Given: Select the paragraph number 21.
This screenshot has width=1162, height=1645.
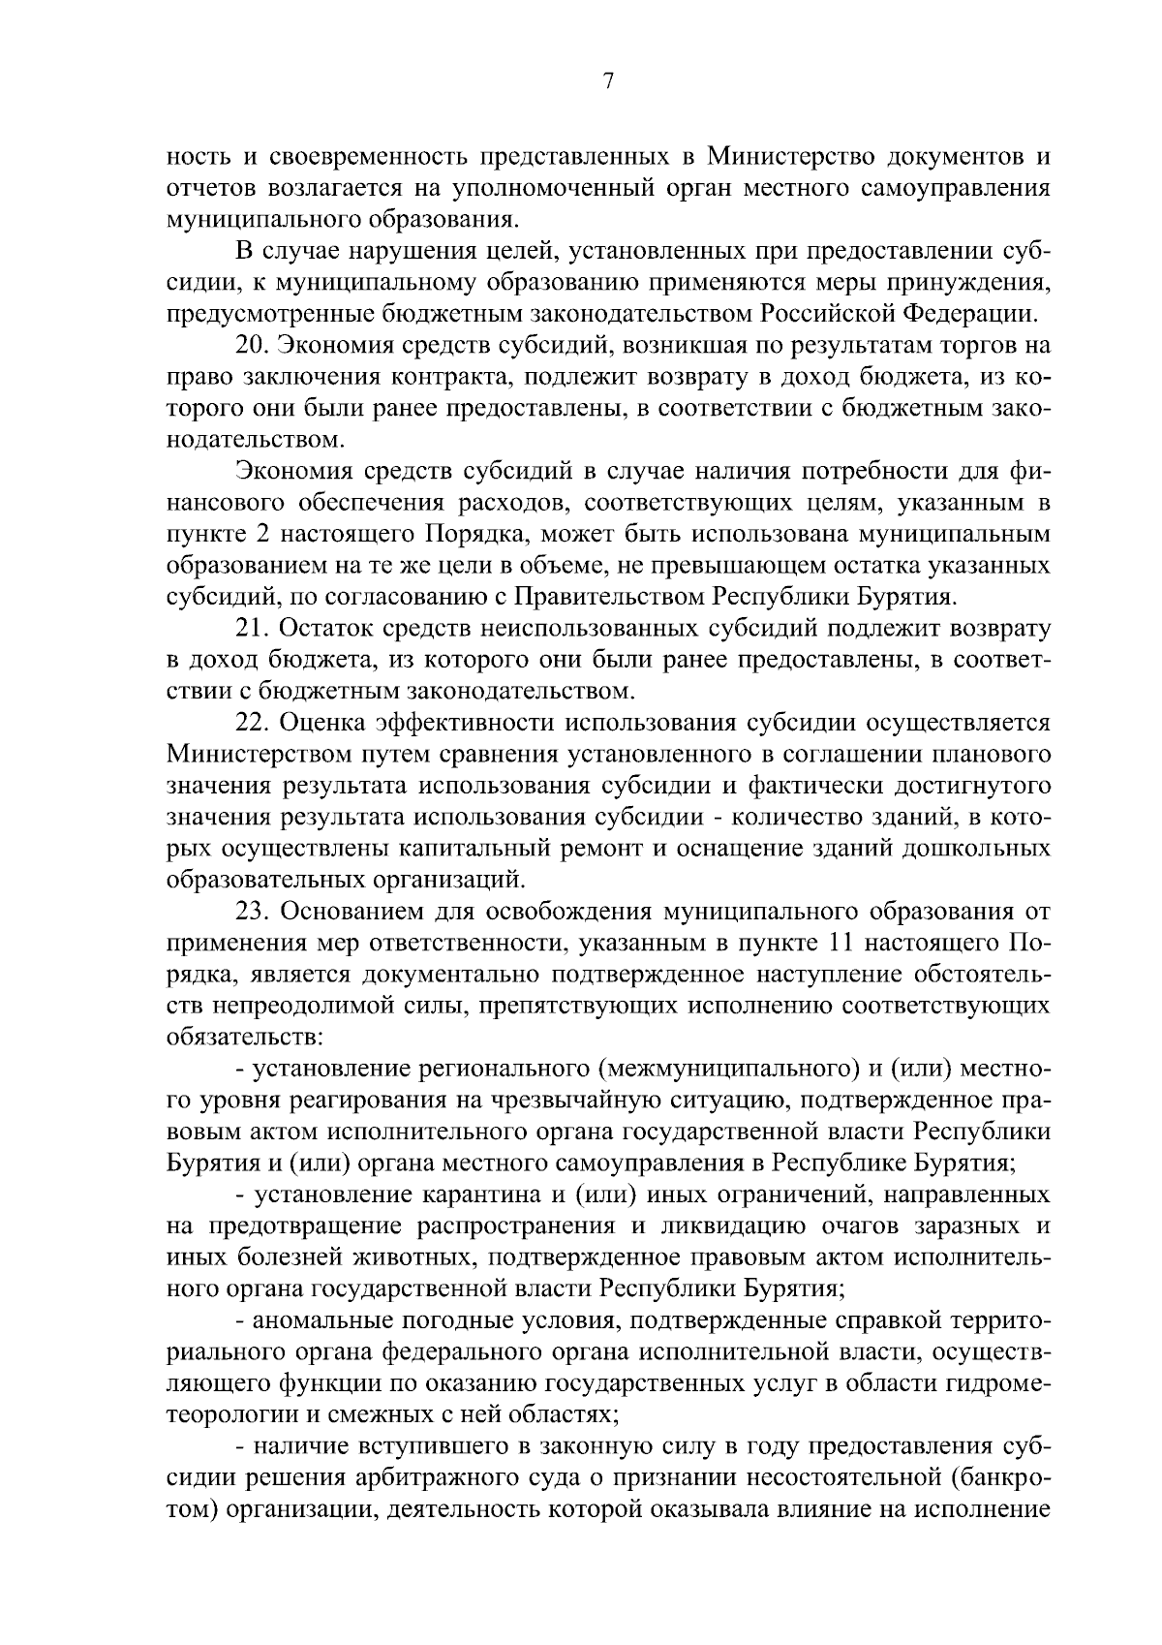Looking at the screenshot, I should coord(251,629).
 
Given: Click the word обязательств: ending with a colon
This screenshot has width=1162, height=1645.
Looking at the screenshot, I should coord(245,1038).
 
